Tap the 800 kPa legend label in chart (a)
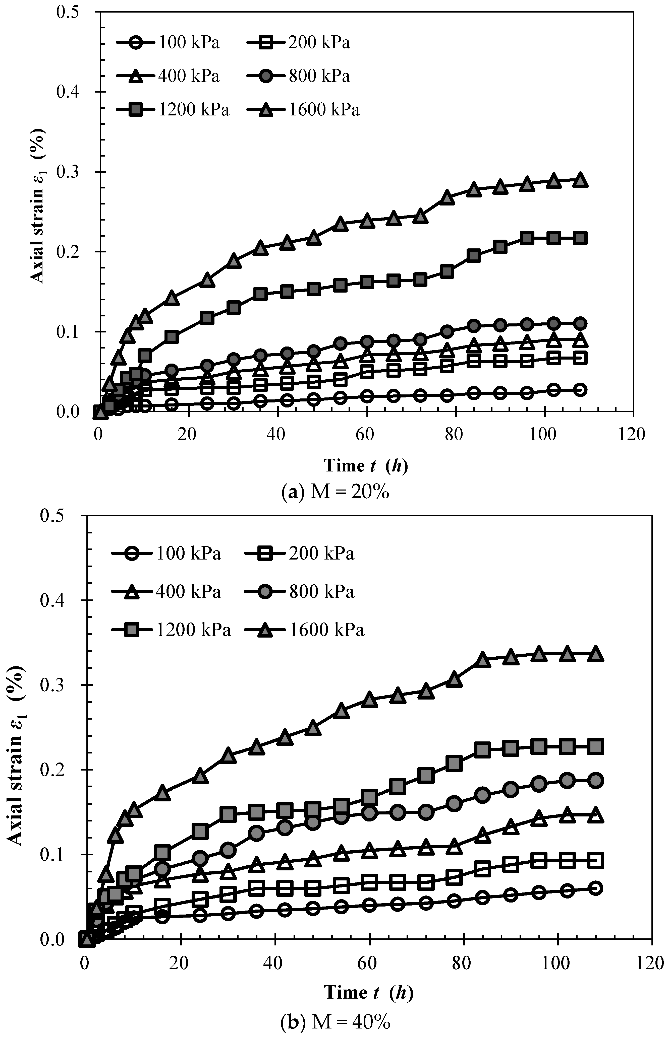pyautogui.click(x=319, y=76)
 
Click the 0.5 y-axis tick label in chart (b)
pyautogui.click(x=54, y=516)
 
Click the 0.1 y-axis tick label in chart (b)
pyautogui.click(x=54, y=854)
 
